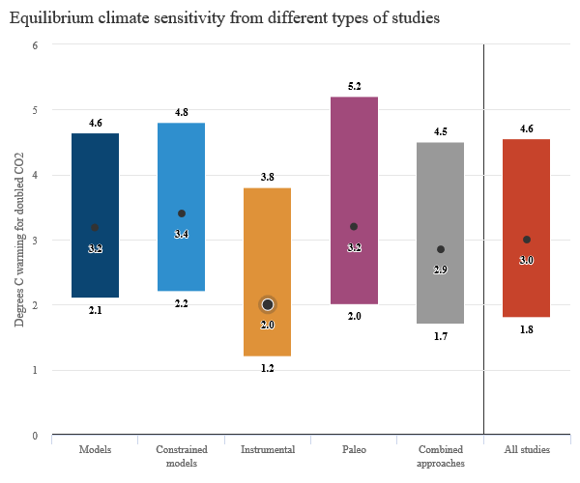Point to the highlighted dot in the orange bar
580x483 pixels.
pyautogui.click(x=268, y=304)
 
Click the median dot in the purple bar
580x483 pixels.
pyautogui.click(x=354, y=227)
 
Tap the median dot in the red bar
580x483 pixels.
pyautogui.click(x=526, y=240)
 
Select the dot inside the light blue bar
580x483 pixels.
pyautogui.click(x=181, y=213)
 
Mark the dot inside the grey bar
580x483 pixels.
pyautogui.click(x=440, y=249)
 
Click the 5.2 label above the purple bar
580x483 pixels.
pyautogui.click(x=354, y=87)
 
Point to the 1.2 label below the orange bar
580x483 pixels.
pyautogui.click(x=268, y=369)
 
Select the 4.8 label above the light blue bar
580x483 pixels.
pyautogui.click(x=181, y=113)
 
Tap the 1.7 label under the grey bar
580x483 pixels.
pyautogui.click(x=440, y=337)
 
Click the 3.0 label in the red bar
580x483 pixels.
pyautogui.click(x=526, y=261)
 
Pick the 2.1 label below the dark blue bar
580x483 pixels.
pyautogui.click(x=95, y=311)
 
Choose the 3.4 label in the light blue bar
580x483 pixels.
pyautogui.click(x=181, y=235)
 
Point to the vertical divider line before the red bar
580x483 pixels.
pyautogui.click(x=483, y=241)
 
